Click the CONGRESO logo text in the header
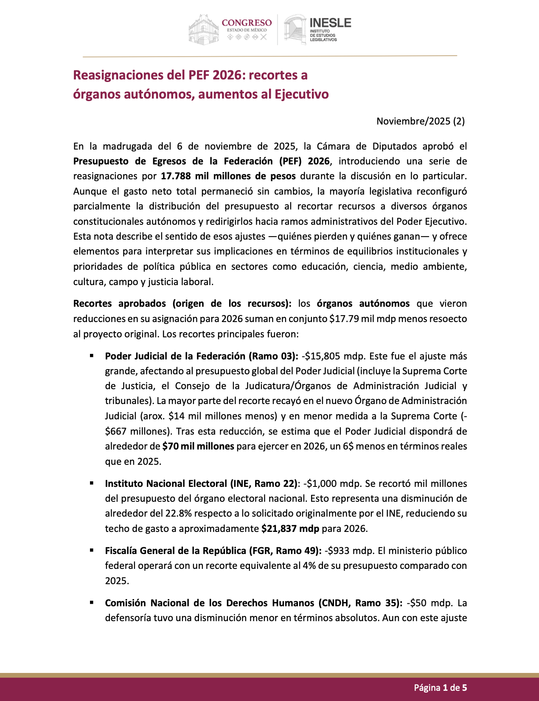pos(247,23)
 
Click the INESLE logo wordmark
pos(331,23)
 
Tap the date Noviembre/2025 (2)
pos(420,121)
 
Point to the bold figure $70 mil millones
pos(198,446)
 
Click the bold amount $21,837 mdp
pos(290,529)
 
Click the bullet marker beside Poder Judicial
pos(91,356)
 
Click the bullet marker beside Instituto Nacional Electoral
pos(91,483)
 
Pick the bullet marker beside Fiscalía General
pos(91,550)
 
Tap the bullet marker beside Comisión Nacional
pos(91,602)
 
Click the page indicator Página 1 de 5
pos(440,687)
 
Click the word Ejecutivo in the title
pos(301,94)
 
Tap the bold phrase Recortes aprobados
pos(119,303)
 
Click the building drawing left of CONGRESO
pos(203,29)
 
